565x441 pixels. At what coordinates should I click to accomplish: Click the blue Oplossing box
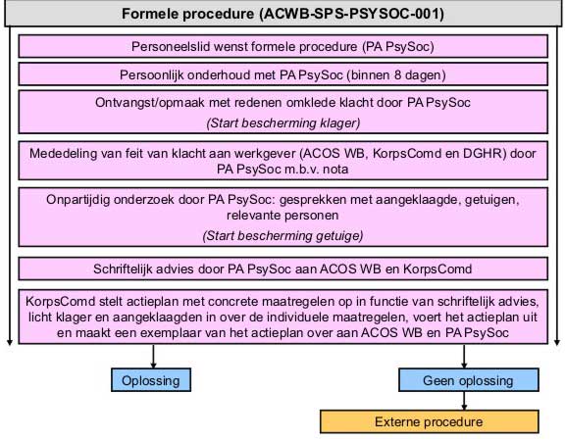151,380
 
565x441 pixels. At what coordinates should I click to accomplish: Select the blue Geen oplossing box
469,380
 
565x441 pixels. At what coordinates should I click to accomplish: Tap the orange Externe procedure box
430,421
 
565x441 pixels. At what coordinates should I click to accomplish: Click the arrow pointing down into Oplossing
153,357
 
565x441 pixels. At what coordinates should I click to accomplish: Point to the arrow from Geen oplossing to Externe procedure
464,401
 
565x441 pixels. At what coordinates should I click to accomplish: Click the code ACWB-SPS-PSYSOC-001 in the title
353,14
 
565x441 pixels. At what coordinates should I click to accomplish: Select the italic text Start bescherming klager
283,123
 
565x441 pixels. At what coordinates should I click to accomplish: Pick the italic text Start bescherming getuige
282,236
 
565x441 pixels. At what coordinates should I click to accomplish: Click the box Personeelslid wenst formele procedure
282,46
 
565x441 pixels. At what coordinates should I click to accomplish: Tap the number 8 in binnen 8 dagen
397,75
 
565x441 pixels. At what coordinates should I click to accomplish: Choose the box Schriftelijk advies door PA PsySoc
282,269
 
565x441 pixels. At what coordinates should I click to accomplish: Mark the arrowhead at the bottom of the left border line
10,342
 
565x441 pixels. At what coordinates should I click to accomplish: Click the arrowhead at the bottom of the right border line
557,342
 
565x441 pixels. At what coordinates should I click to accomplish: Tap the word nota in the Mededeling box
335,170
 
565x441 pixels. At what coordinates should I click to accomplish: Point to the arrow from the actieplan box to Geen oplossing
464,357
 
